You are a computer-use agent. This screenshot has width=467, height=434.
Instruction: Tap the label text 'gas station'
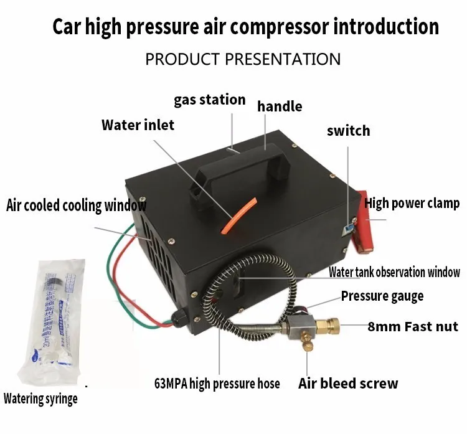coord(209,100)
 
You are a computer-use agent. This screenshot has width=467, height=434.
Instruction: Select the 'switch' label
coord(348,131)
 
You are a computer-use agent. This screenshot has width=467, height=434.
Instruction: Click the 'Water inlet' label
coord(138,125)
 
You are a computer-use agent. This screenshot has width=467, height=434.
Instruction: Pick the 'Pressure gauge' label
coord(382,296)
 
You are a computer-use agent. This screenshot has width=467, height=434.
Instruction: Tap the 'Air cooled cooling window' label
coord(77,205)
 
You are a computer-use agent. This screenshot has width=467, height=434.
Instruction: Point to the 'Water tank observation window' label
coord(394,272)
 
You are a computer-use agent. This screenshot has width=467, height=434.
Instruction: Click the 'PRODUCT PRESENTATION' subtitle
coord(243,59)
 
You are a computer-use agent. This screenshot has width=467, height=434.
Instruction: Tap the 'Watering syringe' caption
coord(40,399)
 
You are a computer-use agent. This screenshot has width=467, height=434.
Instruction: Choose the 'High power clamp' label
coord(412,203)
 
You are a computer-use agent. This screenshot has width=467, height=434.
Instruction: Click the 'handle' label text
coord(280,106)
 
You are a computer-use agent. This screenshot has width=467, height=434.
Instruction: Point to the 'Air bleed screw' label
coord(348,383)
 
